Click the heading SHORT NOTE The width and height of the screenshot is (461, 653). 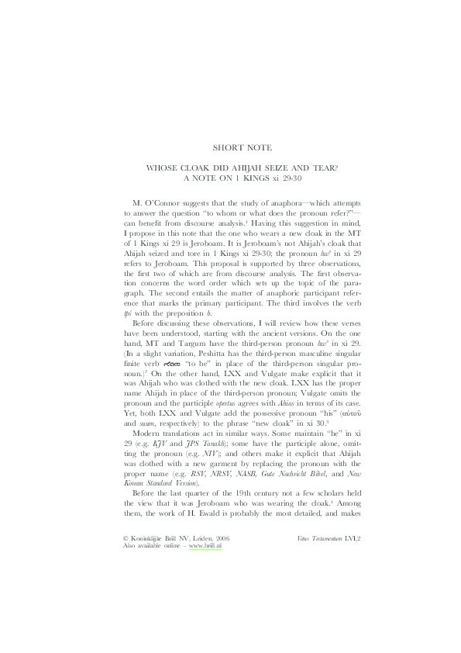coord(230,147)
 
